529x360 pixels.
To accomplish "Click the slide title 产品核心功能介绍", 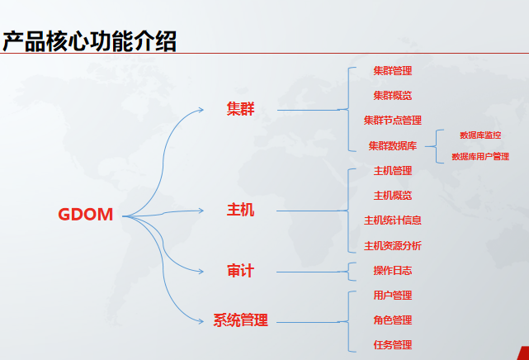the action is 90,39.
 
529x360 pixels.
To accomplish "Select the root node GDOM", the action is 86,215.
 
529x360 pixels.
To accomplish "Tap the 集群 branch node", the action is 241,109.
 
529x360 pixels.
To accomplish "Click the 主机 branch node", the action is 241,211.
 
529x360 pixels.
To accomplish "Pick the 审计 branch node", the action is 241,271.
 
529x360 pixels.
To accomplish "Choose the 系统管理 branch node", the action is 241,320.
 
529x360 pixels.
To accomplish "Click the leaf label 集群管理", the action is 393,71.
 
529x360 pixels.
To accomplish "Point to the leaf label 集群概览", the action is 393,96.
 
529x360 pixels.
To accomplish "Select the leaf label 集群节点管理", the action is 393,121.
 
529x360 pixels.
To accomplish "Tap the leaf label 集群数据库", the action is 393,146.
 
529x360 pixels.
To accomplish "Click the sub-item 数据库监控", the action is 480,135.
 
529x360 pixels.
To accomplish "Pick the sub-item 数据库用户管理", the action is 480,156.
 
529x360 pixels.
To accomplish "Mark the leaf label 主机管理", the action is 393,171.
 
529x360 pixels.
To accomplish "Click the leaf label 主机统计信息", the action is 393,220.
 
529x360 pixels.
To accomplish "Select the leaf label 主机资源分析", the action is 393,246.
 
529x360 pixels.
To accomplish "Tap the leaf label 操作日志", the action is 393,271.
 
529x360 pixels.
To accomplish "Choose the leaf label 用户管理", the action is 393,296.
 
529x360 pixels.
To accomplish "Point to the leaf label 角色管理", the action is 393,320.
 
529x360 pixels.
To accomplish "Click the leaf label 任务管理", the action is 393,345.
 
